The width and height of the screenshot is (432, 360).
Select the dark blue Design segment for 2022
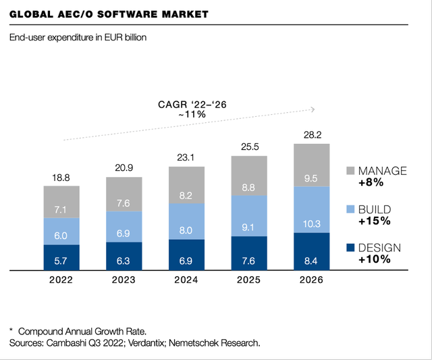click(x=61, y=257)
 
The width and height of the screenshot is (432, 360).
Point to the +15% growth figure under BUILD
click(x=373, y=221)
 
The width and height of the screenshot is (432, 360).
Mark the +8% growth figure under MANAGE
click(x=371, y=182)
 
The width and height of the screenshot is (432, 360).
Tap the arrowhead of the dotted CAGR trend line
click(x=313, y=108)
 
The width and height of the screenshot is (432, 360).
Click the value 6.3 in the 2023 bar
click(x=124, y=259)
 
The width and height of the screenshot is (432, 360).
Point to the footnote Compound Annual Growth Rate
click(x=82, y=332)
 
